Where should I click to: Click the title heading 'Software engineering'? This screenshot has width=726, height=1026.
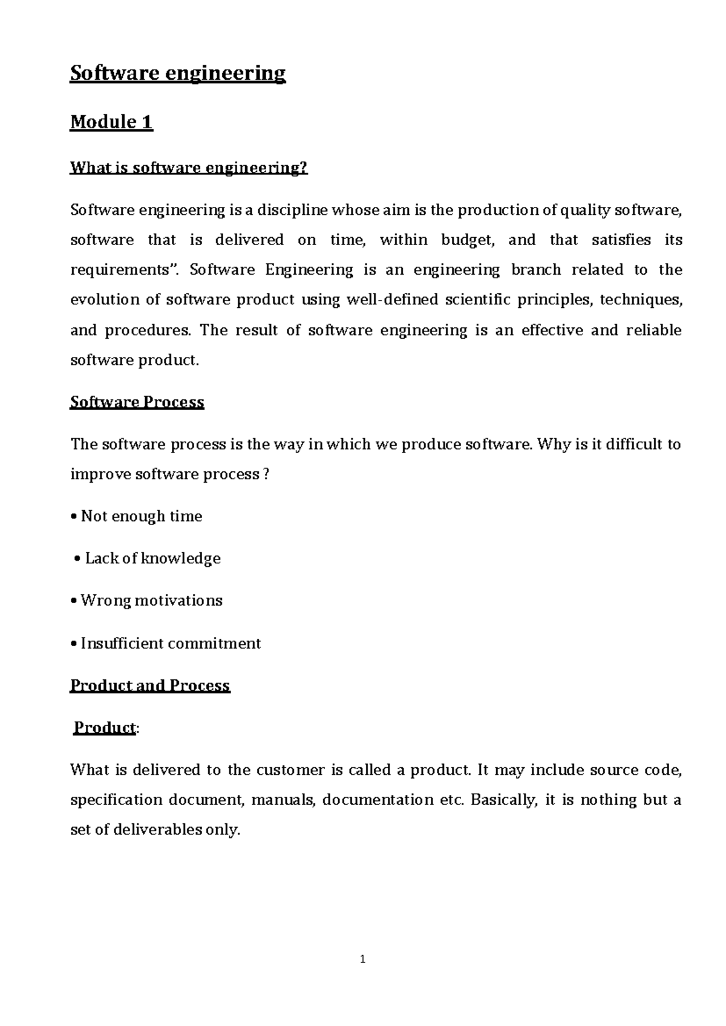point(177,74)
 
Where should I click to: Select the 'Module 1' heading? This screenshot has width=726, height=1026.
point(111,122)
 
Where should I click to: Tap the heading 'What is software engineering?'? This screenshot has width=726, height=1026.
point(189,168)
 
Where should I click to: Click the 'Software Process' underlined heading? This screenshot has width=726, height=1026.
point(137,402)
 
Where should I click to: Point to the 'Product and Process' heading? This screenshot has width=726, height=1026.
point(150,685)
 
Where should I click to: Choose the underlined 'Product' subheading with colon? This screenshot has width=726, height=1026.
point(104,728)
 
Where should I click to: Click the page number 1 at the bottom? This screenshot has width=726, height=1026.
point(362,959)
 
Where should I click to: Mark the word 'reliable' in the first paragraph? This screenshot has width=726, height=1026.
point(653,330)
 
